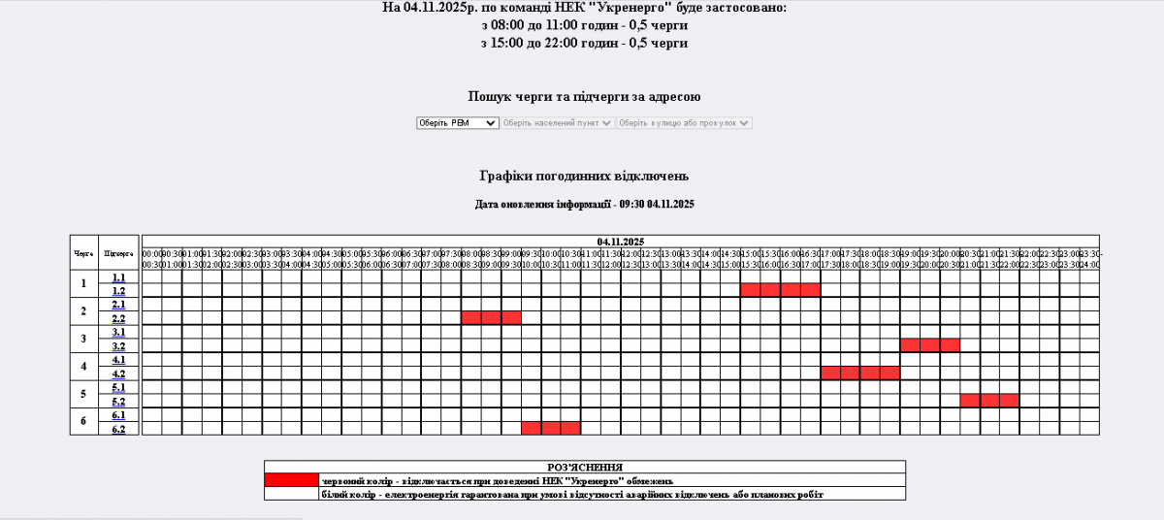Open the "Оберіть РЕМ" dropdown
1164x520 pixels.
click(x=457, y=123)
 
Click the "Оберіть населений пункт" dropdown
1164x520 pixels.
click(x=558, y=123)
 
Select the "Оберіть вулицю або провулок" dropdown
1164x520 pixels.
click(x=685, y=123)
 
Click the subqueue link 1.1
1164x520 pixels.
click(x=118, y=277)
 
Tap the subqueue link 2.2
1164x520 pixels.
click(x=118, y=318)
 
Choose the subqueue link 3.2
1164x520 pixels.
click(x=118, y=345)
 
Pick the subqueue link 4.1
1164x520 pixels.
click(x=118, y=360)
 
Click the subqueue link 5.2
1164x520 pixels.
click(x=118, y=401)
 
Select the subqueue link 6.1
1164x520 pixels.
click(x=118, y=415)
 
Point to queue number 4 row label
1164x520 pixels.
click(x=83, y=367)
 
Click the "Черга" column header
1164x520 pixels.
click(x=83, y=252)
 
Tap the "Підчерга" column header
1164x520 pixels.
click(x=118, y=252)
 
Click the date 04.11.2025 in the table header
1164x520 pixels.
click(x=621, y=242)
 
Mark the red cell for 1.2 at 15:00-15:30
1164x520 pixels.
click(x=751, y=289)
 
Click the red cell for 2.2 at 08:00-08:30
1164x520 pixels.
click(x=471, y=317)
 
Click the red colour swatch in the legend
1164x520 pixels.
click(x=291, y=479)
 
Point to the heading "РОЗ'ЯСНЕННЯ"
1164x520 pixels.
click(x=585, y=467)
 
